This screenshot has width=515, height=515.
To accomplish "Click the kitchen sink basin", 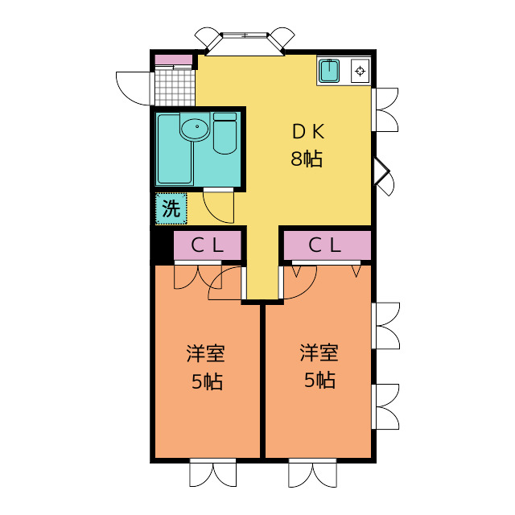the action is [x=329, y=71].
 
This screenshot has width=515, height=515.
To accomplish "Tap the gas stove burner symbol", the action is [x=360, y=71].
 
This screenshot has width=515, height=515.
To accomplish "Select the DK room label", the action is [x=308, y=131].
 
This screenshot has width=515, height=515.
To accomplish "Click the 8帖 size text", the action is [x=307, y=159].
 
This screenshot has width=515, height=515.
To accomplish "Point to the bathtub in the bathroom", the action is [x=174, y=148].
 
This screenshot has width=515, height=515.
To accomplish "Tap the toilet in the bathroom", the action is [x=225, y=134].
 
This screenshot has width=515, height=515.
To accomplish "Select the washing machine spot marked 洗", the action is [x=171, y=208].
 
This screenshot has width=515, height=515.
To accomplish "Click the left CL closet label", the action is [x=208, y=245].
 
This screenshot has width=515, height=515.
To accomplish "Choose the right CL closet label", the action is [x=324, y=245].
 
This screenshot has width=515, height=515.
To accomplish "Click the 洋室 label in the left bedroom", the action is [x=206, y=353].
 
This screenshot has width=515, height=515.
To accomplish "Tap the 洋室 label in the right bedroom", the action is [x=319, y=352].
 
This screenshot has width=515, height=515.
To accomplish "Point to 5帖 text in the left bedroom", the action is [x=207, y=381].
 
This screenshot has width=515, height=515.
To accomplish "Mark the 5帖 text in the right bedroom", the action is [x=319, y=380].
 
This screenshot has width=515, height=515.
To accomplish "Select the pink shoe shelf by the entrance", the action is [x=174, y=60].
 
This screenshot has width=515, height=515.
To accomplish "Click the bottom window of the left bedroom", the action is [x=212, y=473].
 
